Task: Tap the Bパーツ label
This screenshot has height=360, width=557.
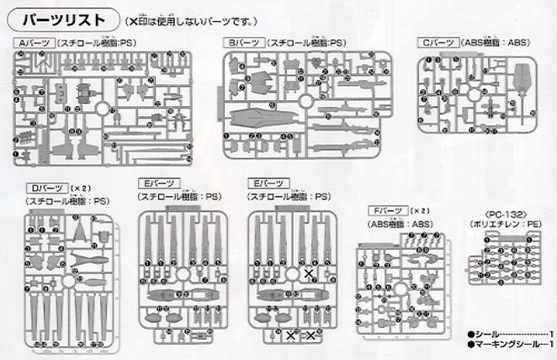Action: click(243, 42)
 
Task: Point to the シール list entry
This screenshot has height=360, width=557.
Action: click(504, 334)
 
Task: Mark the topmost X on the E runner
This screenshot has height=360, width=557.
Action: click(309, 274)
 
